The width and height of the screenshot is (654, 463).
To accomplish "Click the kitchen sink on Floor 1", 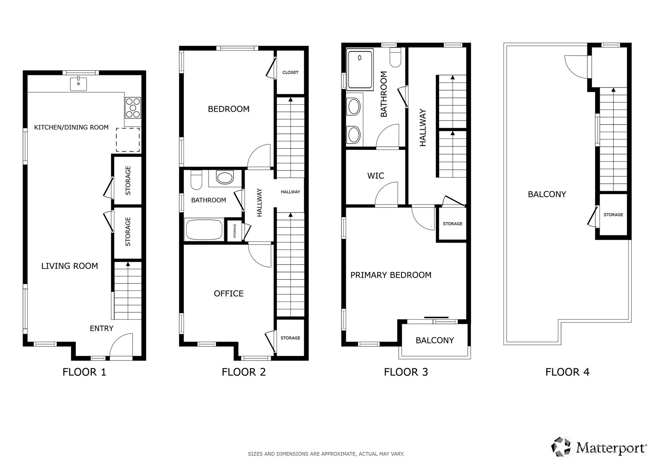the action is coord(78,84).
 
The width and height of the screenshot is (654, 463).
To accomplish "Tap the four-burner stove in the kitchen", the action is coord(133,108).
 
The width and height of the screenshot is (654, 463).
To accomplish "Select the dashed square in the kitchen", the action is coord(128,140).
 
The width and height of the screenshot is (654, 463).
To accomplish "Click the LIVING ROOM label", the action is coord(69,266).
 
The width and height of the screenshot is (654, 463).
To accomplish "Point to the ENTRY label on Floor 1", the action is coord(101,329).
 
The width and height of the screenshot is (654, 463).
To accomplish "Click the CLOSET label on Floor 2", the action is coord(290,72).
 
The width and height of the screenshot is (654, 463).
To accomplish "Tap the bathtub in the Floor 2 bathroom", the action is coord(204,230).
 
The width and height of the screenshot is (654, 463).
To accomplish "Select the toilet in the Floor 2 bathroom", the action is coord(196,180).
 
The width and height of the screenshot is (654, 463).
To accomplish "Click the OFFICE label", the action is coord(229,294).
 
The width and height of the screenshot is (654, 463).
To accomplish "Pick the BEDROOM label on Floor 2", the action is coord(229,109).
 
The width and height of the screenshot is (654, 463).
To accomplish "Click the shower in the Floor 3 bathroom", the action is coord(360,69).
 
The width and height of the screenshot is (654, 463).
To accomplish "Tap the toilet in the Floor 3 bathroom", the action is coord(395,57).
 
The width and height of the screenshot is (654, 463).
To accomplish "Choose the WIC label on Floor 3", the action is coord(376,176).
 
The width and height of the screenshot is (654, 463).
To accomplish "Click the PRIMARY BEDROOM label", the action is coord(391,275).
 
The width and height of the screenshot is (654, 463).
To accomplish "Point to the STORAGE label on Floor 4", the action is coord(613,215).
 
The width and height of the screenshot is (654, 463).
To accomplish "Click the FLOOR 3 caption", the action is coord(406,372).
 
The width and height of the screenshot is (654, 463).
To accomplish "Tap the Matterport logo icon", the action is coord(561,447).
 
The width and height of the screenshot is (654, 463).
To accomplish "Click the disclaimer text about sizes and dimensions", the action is coord(326,454).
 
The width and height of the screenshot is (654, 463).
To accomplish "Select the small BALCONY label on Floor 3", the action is coord(435,340).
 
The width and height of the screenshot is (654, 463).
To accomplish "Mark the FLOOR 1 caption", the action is coord(84,372).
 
